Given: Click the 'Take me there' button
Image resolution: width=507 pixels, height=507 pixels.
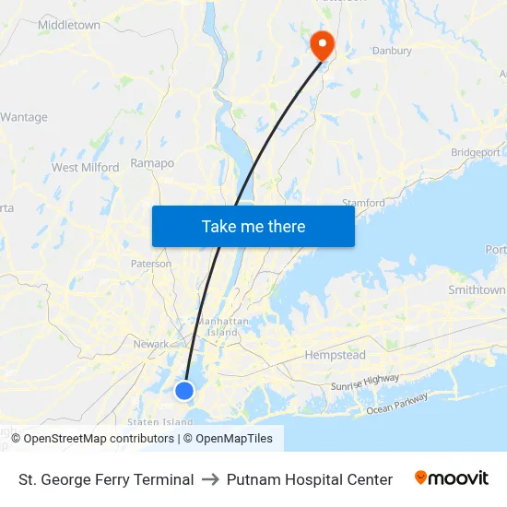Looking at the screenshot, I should [253, 226].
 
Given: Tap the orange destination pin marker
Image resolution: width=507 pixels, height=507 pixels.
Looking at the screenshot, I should [322, 44].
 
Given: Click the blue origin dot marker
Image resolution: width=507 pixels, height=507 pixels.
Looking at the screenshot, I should [184, 391].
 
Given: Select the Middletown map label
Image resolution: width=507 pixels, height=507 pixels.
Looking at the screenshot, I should [69, 26].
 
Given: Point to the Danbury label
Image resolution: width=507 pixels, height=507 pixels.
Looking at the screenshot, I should [391, 51].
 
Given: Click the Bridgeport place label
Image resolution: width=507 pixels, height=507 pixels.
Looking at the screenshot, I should [476, 152].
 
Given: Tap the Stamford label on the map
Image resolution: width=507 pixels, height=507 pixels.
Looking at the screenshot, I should [363, 203].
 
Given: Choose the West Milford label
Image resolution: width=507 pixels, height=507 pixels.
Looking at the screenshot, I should [85, 168].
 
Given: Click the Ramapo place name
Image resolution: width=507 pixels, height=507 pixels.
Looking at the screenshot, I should [153, 163].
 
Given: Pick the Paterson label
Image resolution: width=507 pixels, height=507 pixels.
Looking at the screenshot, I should [151, 264].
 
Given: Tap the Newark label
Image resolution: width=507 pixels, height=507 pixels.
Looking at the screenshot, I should [151, 344].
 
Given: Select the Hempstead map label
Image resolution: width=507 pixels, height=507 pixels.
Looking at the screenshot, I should [335, 355].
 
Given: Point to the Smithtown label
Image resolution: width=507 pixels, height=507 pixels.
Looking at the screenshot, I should [477, 289].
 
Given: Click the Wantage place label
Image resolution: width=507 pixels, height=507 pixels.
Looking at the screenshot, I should [24, 117].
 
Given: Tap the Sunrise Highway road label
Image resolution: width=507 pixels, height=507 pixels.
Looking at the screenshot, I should [365, 383].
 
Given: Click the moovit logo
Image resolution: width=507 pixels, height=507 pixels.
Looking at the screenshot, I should [452, 478].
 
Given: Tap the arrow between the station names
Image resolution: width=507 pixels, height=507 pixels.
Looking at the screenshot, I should [210, 479].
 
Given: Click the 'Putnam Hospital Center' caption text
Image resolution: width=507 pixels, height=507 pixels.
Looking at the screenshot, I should [310, 479].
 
